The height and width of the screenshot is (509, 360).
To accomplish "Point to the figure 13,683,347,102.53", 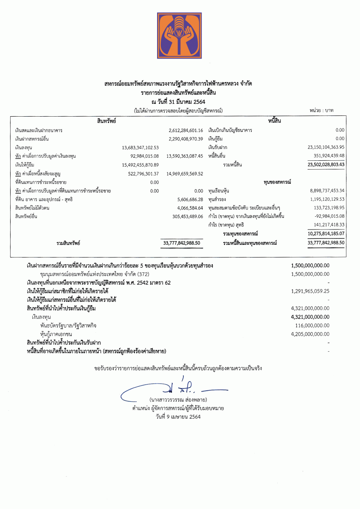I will [x=140, y=148].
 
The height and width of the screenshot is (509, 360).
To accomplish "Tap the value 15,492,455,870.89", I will [x=140, y=165].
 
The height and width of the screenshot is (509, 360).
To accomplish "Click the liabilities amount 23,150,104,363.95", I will [x=326, y=147].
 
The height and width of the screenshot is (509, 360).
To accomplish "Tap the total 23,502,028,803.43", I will [x=326, y=165].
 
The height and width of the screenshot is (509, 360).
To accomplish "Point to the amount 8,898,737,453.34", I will [x=327, y=191].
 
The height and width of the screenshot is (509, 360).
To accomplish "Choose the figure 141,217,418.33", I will [x=329, y=225].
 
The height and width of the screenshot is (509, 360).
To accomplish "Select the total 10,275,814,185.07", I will [x=326, y=234].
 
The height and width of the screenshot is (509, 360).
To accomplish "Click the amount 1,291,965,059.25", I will [x=310, y=291].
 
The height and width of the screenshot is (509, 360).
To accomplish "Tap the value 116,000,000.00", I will [x=312, y=325].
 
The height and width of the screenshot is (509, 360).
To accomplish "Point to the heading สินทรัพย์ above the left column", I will [x=107, y=121].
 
